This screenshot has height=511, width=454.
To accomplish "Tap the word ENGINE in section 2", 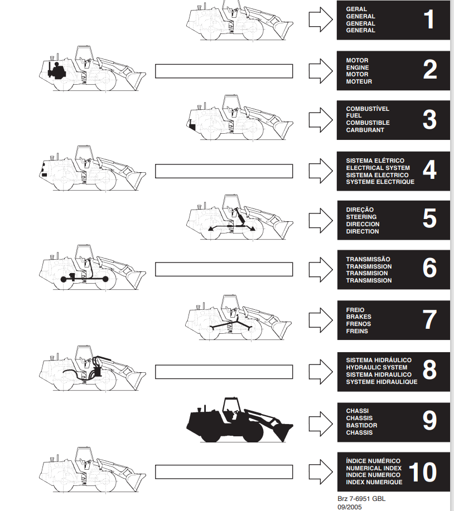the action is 358,67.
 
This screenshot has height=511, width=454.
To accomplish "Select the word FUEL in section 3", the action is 354,116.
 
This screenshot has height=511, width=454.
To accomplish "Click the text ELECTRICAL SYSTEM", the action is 378,168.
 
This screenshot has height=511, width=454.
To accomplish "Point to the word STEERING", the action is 361,217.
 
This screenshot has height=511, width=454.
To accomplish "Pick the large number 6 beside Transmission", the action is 429,268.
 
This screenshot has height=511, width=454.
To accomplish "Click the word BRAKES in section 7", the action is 359,317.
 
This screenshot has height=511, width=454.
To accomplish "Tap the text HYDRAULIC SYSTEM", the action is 376,367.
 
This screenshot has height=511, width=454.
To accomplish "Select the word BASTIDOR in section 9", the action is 361,425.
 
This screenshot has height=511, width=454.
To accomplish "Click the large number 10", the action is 422,472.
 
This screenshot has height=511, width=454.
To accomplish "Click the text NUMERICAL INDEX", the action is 374,468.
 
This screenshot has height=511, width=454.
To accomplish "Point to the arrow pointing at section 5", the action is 321,221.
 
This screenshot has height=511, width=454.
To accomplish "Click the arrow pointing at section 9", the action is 321,424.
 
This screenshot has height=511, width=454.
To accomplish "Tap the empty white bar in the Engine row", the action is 224,71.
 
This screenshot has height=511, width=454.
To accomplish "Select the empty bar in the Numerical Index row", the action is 224,472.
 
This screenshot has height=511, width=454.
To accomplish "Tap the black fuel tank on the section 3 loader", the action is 192,126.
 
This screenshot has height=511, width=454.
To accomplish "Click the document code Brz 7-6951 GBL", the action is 361,499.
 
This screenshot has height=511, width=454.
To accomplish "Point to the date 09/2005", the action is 350,507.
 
